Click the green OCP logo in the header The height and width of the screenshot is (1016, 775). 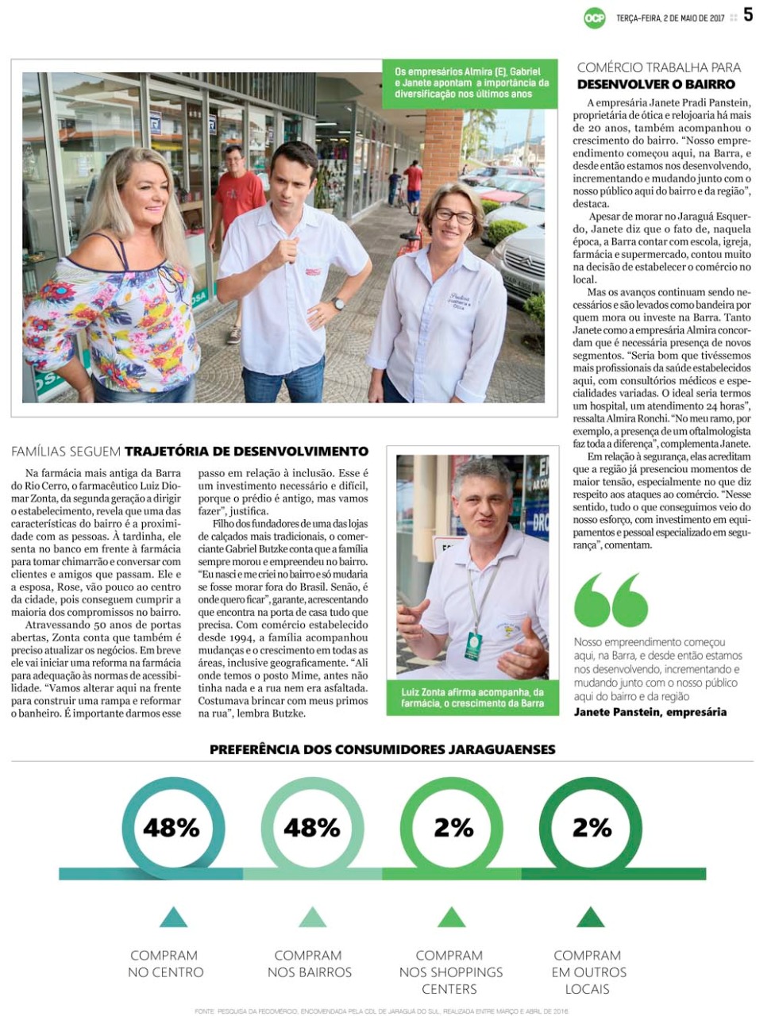pos(594,17)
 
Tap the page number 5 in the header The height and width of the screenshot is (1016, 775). pos(748,15)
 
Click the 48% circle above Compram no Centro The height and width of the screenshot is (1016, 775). pos(172,828)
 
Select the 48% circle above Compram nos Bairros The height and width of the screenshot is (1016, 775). pos(311,828)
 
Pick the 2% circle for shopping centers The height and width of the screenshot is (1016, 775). pos(453,828)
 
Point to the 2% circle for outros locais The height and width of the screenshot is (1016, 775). pos(592,828)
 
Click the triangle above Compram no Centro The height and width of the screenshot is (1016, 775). pos(173,918)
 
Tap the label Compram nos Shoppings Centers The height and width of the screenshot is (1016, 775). pos(450,972)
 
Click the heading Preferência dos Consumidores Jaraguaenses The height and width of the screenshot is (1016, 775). pos(383,749)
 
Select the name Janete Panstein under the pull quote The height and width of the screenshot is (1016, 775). pos(650,712)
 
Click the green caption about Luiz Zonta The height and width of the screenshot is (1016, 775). pos(472,698)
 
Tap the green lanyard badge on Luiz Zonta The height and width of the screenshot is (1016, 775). pos(473,646)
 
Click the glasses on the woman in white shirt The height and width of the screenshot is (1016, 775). pos(454,215)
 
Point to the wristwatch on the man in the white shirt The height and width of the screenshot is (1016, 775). pos(339,303)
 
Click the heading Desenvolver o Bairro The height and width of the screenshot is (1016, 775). pos(656,84)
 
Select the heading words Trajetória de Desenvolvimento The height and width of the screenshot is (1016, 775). pos(247,452)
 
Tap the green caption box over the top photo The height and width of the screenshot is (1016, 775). pos(472,83)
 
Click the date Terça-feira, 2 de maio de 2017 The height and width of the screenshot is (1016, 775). pos(671,17)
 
